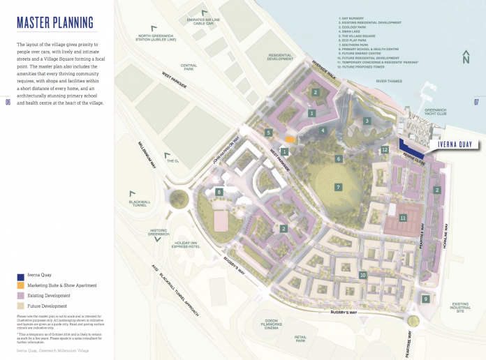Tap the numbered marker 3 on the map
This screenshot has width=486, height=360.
coord(366,121)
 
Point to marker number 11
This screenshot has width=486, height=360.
coord(403,218)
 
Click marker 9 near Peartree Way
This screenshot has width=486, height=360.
coord(425,299)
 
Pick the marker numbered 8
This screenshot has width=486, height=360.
coord(219,192)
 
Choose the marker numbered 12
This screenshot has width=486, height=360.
coord(385,149)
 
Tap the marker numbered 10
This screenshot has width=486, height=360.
coord(362,275)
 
